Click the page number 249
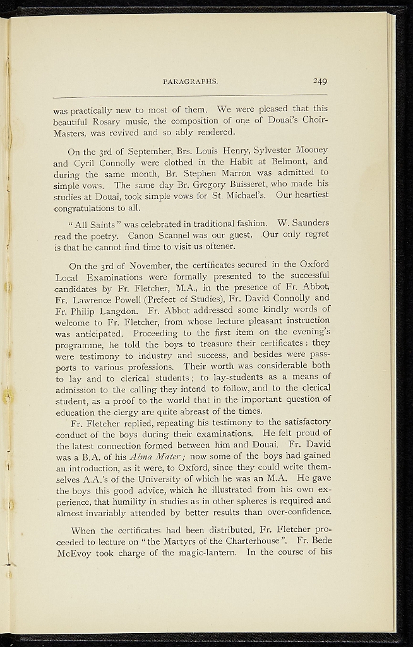coord(319,81)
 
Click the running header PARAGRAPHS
coord(190,82)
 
